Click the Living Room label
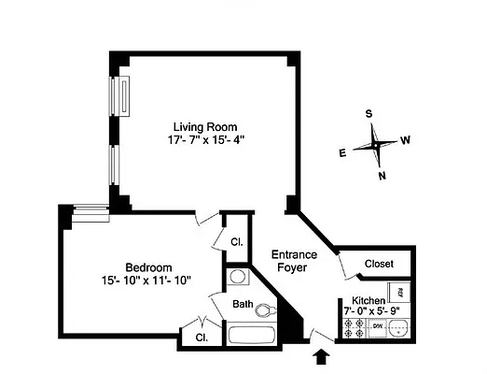coord(204,126)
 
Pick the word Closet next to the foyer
coord(379,263)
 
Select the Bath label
coord(243,304)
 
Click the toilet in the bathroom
coord(265,310)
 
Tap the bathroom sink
coord(237,278)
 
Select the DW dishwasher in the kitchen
coord(377,326)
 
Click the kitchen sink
coord(400,328)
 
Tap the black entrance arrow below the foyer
coord(324,355)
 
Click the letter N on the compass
coord(382,175)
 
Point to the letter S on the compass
coord(369,114)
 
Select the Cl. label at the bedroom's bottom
coord(200,337)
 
